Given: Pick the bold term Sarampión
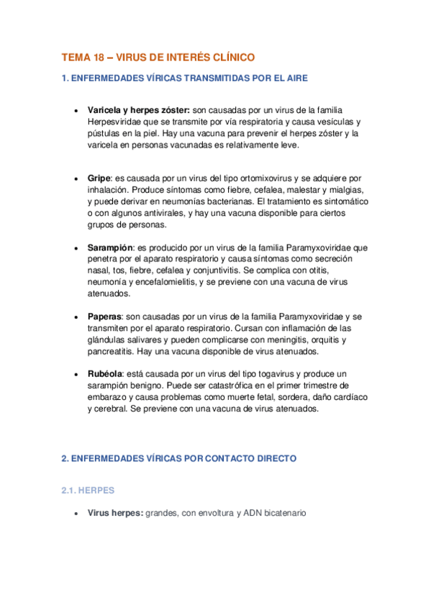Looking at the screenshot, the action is point(110,247).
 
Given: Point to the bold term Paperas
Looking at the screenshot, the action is point(104,317).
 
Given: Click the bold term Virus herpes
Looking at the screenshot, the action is point(114,514).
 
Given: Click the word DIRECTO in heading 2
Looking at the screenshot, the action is point(271,457).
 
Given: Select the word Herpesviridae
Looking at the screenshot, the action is point(119,122).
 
